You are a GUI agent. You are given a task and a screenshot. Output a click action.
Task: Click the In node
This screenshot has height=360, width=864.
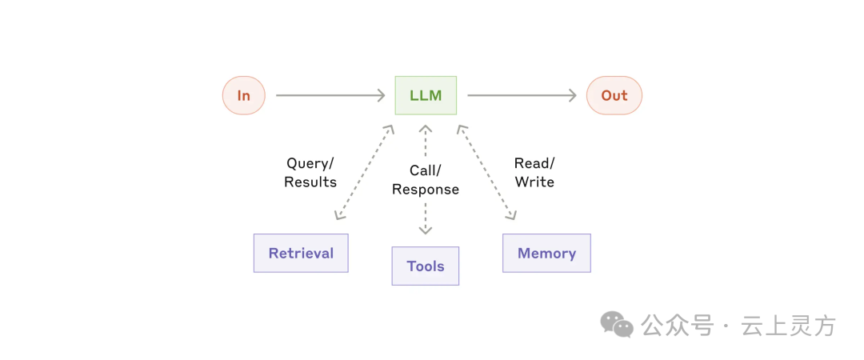tap(243, 95)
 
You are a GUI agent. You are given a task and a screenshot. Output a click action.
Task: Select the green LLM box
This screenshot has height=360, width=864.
tap(426, 95)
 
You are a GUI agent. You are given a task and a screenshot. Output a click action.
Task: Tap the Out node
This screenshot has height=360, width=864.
tap(614, 95)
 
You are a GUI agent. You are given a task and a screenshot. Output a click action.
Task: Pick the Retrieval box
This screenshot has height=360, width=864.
tap(301, 253)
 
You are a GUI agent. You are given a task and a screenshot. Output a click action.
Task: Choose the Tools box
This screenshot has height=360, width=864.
tap(426, 266)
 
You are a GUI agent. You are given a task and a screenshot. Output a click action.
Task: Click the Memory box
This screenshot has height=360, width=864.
tap(546, 253)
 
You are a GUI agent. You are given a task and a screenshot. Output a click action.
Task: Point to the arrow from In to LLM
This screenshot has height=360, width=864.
tap(330, 95)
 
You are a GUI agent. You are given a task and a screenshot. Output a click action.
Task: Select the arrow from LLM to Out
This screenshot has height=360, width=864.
tap(522, 95)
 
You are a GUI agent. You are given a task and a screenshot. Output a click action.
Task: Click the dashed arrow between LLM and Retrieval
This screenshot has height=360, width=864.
tap(364, 173)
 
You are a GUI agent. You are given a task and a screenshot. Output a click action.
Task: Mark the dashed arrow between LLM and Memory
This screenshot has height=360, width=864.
tap(486, 173)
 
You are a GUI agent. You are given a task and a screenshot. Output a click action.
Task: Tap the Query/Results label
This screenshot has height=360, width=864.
tap(310, 173)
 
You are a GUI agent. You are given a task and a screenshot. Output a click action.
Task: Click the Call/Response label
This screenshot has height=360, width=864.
tap(426, 180)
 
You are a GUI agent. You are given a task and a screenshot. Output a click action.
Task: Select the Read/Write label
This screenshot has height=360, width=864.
tap(534, 173)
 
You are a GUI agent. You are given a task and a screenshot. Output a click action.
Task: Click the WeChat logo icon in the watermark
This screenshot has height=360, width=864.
tap(617, 324)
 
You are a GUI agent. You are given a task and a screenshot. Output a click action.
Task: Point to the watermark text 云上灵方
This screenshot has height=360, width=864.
tap(789, 326)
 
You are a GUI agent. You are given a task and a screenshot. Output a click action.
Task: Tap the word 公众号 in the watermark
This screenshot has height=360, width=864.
tap(678, 326)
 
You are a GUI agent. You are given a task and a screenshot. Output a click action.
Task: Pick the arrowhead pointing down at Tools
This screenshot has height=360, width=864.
tap(426, 229)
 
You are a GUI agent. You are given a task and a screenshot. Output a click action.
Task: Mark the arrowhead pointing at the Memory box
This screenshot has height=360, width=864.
tap(511, 214)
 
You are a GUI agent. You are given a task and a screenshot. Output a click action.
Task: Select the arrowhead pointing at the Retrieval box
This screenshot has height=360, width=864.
tap(339, 214)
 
